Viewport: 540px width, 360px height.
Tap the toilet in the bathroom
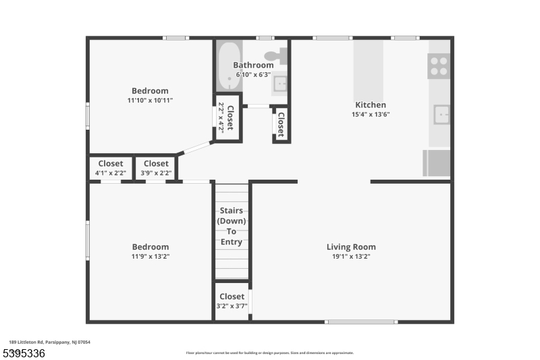(x=276, y=57)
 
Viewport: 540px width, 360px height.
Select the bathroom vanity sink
(x=280, y=84)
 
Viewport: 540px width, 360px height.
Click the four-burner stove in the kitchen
(x=439, y=66)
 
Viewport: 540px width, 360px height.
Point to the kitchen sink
(x=441, y=115)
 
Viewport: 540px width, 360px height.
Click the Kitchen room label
(x=371, y=105)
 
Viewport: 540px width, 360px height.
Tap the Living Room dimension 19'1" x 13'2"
(x=351, y=257)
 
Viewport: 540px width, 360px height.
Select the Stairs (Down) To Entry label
(x=232, y=226)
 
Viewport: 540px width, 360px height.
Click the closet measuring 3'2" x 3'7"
(x=232, y=301)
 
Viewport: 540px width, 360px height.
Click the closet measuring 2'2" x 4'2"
(x=228, y=120)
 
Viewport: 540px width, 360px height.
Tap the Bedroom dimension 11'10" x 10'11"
(x=150, y=101)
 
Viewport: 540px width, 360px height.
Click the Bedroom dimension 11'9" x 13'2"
(x=150, y=257)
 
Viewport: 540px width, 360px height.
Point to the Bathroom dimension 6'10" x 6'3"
(x=253, y=74)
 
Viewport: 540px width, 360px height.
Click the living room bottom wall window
(x=360, y=322)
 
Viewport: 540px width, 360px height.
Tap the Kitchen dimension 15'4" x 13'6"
(x=371, y=114)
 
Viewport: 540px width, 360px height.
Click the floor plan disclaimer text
(x=269, y=353)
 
